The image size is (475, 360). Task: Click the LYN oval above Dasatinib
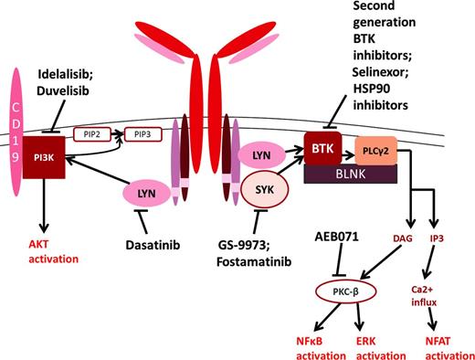146,196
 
